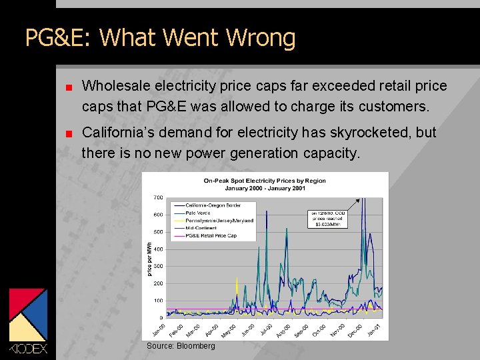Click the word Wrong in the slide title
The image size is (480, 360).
tap(261, 38)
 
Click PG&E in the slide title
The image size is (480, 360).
tap(59, 38)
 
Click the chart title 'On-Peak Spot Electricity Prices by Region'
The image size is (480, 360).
tap(265, 180)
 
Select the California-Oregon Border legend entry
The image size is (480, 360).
tap(213, 205)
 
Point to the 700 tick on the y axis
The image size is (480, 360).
tap(158, 198)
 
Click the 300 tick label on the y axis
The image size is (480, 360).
tap(158, 266)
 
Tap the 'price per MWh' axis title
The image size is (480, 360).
tap(150, 259)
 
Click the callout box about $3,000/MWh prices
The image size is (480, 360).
tap(328, 219)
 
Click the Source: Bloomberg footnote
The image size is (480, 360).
tap(181, 346)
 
